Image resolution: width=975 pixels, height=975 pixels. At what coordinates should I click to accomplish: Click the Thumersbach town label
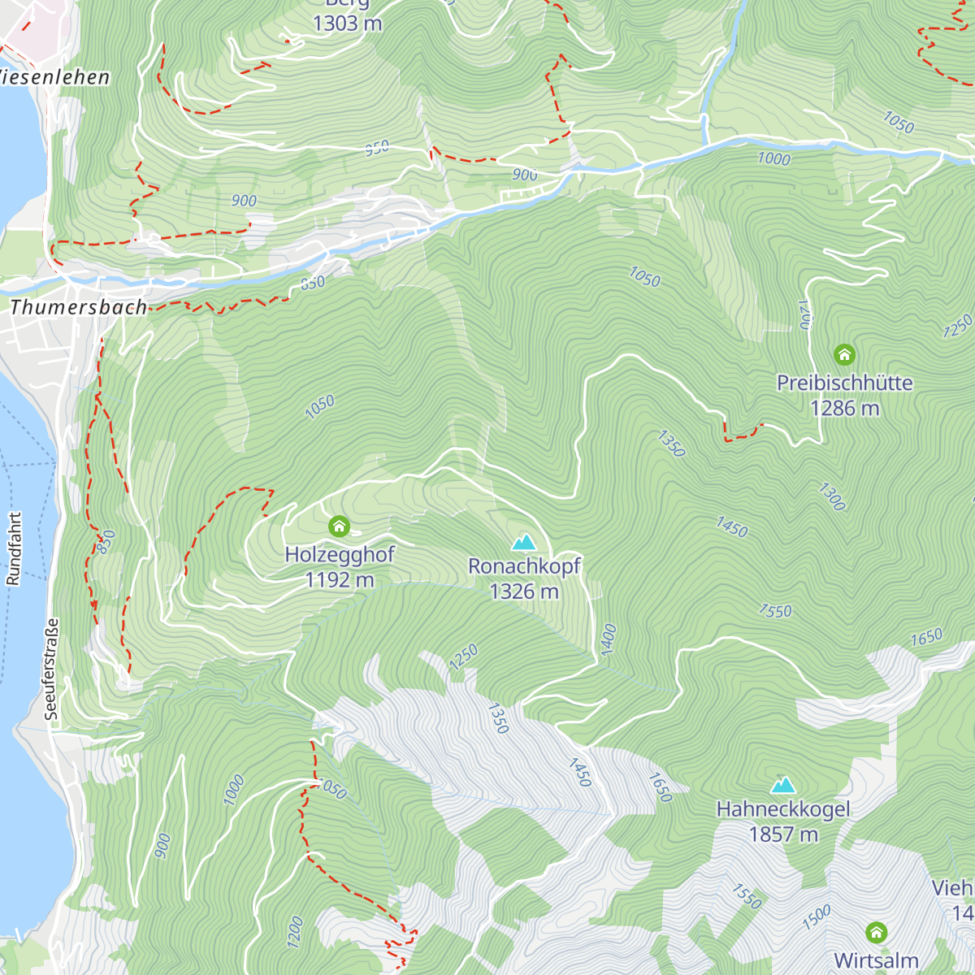(x=79, y=307)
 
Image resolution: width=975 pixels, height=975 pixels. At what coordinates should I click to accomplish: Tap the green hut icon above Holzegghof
(x=339, y=526)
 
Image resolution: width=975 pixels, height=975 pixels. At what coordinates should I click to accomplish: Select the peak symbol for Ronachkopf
(x=524, y=541)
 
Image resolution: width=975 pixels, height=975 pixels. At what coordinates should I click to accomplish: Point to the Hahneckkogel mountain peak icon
(x=783, y=784)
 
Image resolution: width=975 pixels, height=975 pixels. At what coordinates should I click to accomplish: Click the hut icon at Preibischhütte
(x=844, y=354)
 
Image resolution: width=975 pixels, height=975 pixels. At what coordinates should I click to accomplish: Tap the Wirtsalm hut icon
(x=876, y=931)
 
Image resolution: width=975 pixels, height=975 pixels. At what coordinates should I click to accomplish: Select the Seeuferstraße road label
(x=52, y=669)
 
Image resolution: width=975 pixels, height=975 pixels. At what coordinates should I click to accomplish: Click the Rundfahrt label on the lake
(x=14, y=548)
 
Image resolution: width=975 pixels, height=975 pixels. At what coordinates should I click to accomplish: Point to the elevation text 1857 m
(x=783, y=834)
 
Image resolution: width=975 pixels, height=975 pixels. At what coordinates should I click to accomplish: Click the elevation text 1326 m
(x=524, y=591)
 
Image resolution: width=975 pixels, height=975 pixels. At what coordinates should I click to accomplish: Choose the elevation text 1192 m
(x=339, y=580)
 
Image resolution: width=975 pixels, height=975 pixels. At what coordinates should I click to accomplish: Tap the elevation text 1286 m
(x=844, y=408)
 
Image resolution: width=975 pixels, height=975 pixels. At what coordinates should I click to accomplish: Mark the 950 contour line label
(x=377, y=148)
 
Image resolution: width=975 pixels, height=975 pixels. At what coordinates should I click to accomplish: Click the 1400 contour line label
(x=609, y=639)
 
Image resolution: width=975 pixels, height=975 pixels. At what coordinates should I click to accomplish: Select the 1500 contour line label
(x=816, y=917)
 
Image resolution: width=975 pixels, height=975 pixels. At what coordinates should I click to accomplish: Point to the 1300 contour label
(x=832, y=496)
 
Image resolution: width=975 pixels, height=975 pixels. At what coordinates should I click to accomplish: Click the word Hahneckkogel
(x=783, y=809)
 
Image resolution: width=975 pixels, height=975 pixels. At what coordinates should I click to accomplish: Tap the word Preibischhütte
(x=844, y=383)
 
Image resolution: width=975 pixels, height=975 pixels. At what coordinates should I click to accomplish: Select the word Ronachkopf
(x=524, y=566)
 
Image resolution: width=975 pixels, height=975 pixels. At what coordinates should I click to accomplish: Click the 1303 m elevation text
(x=347, y=24)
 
